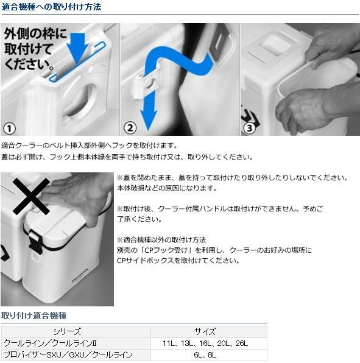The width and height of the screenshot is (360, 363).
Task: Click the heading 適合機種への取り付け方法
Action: pos(51,7)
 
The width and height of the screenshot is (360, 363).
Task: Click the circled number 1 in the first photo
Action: pos(9,128)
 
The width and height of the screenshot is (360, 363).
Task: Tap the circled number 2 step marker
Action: pos(130,128)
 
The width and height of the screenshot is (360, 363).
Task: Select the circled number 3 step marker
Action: pos(250,128)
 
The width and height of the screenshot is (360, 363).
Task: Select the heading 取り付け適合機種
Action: pos(34,315)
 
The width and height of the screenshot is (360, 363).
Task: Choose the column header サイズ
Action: pos(205,332)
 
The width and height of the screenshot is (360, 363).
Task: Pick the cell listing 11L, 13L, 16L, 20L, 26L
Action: pos(205,344)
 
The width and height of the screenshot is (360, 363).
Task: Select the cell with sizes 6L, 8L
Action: pos(205,354)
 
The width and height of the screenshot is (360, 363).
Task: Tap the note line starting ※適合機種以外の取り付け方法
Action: pos(161,239)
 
